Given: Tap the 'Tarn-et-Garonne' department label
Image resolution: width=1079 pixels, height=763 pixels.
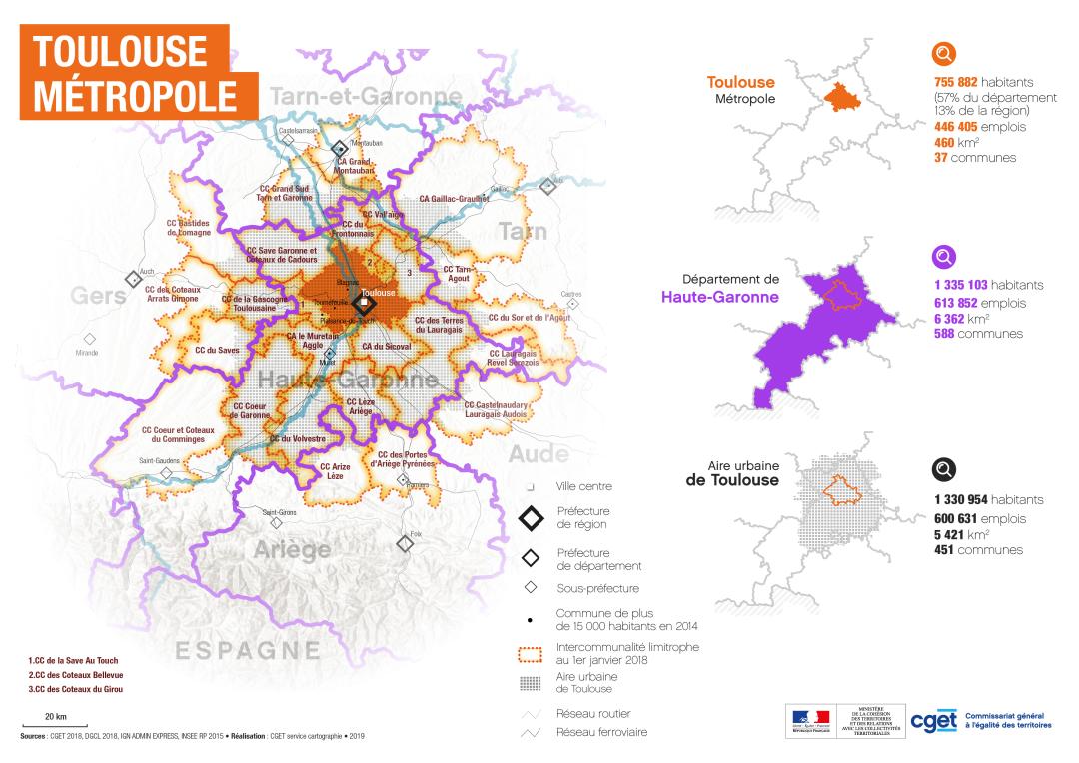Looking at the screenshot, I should tap(366, 97).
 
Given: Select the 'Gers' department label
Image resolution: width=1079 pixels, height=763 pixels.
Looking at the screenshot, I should tap(99, 296).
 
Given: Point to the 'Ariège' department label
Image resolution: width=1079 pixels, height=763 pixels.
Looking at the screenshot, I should tap(292, 550).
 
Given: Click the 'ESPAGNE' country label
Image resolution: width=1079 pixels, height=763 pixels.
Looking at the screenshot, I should tap(249, 650).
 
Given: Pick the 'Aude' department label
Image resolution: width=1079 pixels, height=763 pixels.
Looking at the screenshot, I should tap(539, 454).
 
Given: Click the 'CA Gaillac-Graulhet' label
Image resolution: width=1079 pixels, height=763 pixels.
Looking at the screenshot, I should tap(454, 198).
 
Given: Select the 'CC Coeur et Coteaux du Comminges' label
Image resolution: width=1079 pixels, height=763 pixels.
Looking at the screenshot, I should tap(178, 434).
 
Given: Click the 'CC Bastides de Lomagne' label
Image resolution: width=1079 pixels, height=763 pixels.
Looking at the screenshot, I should tap(188, 227).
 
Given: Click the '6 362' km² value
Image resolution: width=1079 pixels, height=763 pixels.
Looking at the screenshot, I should tap(950, 318).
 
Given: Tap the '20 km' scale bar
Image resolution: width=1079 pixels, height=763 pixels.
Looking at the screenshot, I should tap(56, 719).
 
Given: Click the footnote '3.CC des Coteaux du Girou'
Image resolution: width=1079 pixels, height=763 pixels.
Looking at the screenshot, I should tap(76, 689).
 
